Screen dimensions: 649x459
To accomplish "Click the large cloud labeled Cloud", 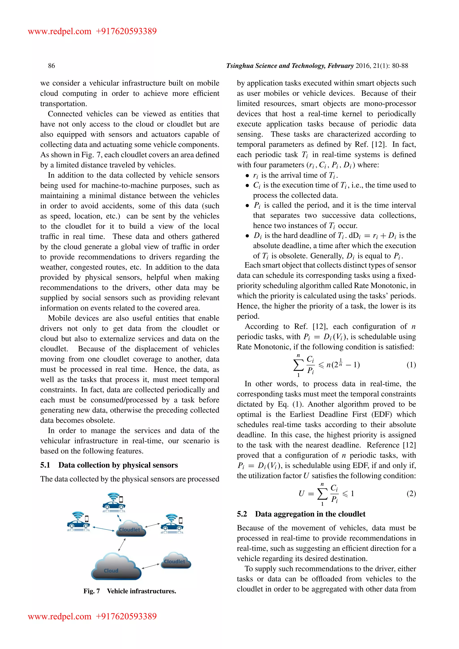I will click(116, 567).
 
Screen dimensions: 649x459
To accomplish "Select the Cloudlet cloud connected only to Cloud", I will click(176, 560).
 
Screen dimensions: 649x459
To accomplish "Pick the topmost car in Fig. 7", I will click(114, 506).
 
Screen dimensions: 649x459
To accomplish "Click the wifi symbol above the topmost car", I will click(113, 496).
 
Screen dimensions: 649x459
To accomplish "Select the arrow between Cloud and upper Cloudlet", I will click(122, 544).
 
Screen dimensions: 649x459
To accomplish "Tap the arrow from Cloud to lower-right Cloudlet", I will click(151, 566).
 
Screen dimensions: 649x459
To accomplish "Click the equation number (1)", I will click(411, 365).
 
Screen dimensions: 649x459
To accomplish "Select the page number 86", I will click(52, 66).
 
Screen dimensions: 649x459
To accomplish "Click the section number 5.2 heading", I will click(242, 514).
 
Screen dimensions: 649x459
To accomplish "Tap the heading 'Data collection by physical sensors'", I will click(118, 465).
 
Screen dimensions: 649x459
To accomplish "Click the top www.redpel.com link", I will click(59, 31).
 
